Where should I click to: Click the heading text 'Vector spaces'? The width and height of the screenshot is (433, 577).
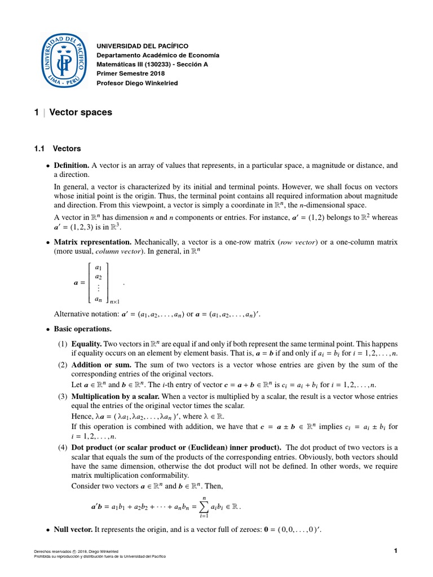point(81,112)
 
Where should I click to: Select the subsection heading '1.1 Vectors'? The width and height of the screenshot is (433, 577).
point(58,149)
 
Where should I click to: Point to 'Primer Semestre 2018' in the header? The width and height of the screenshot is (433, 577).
point(129,74)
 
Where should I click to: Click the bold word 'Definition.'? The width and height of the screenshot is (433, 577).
point(72,166)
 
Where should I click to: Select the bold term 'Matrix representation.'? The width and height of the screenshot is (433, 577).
point(92,242)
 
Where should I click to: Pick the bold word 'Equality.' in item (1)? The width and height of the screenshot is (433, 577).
point(87,344)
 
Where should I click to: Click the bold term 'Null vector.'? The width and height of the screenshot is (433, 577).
point(73,530)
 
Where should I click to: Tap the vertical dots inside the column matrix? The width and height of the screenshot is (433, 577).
point(99,287)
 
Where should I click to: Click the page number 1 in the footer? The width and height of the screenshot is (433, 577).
point(396,551)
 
